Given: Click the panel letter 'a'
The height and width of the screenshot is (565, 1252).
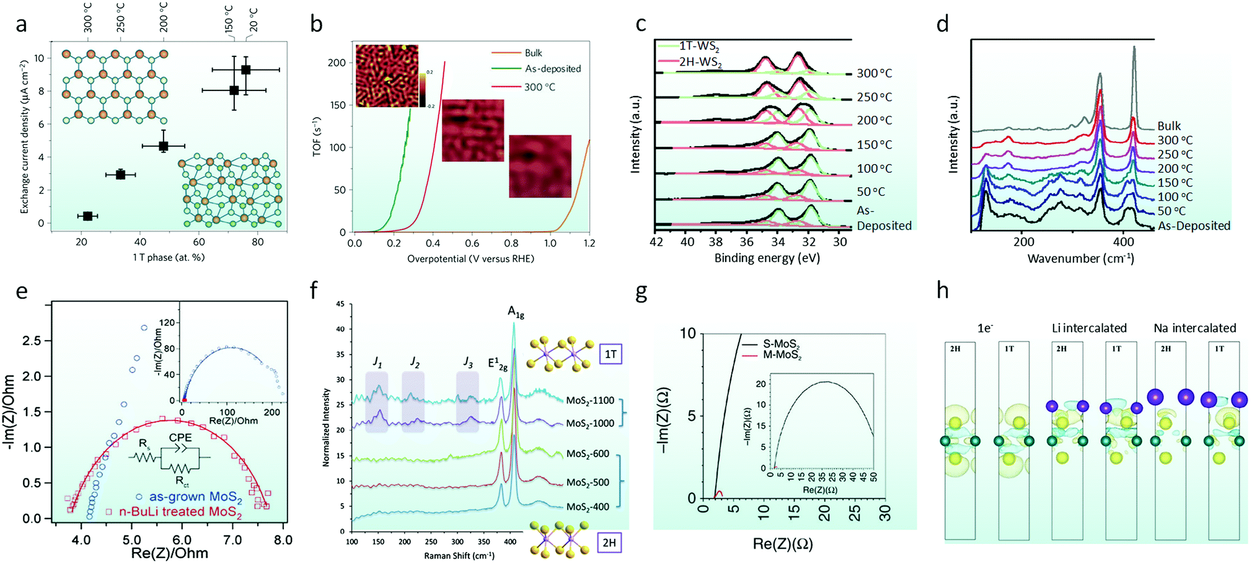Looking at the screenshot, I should (22, 25).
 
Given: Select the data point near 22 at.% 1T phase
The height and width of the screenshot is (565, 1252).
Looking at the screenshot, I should (87, 216).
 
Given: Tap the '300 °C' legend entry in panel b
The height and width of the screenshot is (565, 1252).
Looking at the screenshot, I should (539, 87).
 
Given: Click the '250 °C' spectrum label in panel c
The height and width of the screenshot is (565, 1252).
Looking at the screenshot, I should (875, 97).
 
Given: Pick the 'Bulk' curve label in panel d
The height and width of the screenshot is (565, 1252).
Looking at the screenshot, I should (1169, 126).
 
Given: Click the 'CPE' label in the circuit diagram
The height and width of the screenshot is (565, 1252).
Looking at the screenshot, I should (180, 437).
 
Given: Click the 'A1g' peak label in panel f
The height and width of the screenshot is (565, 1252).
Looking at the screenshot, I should (516, 312).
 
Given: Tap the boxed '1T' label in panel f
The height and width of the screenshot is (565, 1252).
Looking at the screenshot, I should (611, 354).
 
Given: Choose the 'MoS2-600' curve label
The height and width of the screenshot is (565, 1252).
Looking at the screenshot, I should (588, 454).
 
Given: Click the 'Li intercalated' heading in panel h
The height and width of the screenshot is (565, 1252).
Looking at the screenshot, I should (1089, 328).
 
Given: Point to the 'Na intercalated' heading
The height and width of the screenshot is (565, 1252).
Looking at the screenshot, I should (1195, 328).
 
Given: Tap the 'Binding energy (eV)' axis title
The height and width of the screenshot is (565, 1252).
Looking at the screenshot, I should (767, 258).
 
